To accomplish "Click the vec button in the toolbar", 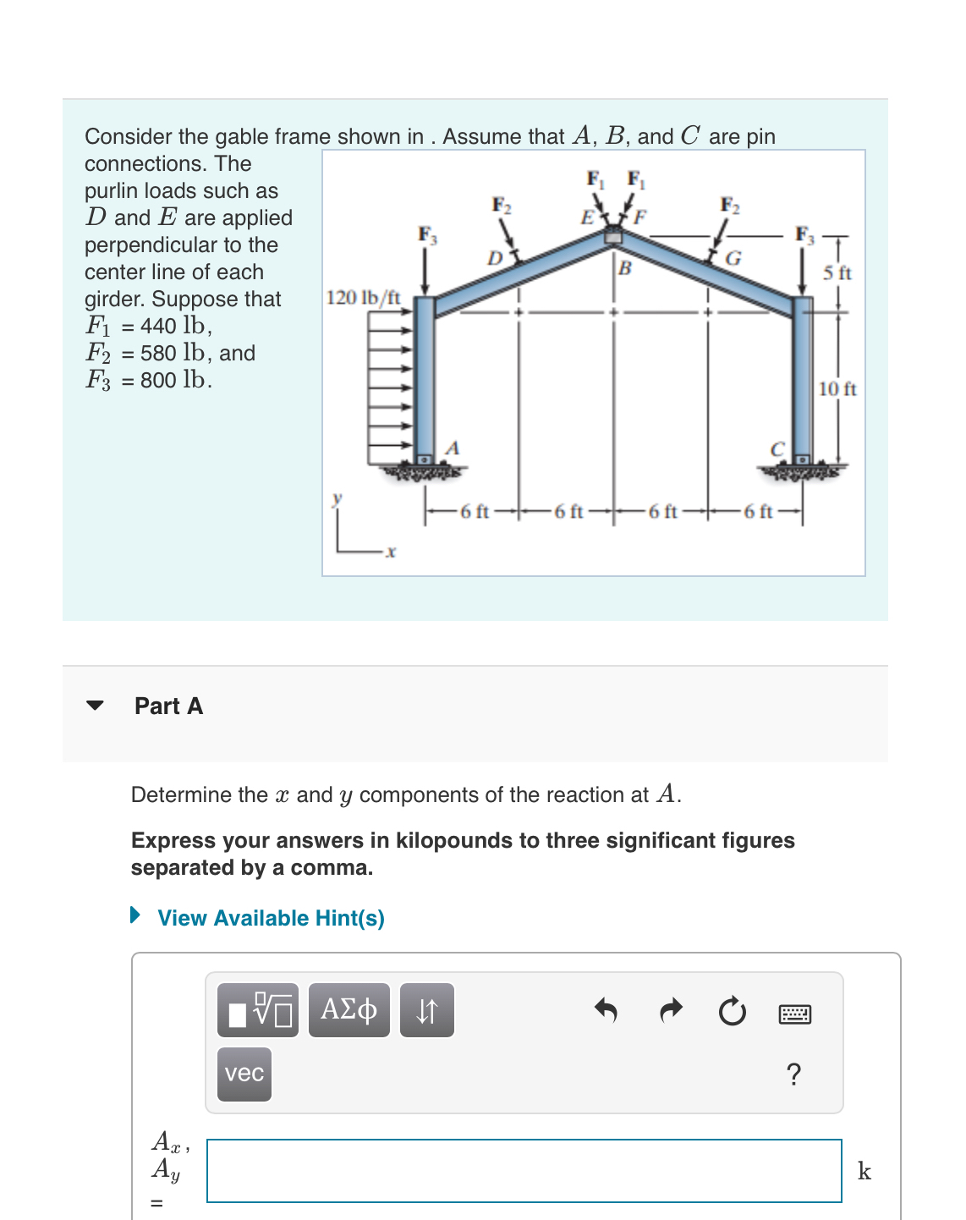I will [244, 1074].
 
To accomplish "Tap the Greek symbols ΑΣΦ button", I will [349, 1009].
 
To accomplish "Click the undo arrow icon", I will [606, 1009].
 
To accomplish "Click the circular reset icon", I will [732, 1011].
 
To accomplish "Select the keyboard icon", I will [794, 1014].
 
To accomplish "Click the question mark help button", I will [793, 1074].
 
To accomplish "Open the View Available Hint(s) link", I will [270, 918].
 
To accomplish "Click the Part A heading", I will [168, 706].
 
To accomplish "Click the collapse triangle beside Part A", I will [95, 706].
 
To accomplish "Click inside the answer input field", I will [524, 1170].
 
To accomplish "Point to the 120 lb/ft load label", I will [363, 298].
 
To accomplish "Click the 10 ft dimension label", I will [837, 389].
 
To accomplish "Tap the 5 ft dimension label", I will [837, 272].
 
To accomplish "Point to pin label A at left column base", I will [453, 448].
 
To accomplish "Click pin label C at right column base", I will [777, 449].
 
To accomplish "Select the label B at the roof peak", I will [624, 269].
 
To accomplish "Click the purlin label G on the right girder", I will [733, 258].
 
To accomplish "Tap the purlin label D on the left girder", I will [494, 257].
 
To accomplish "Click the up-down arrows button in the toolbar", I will [426, 1009].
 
